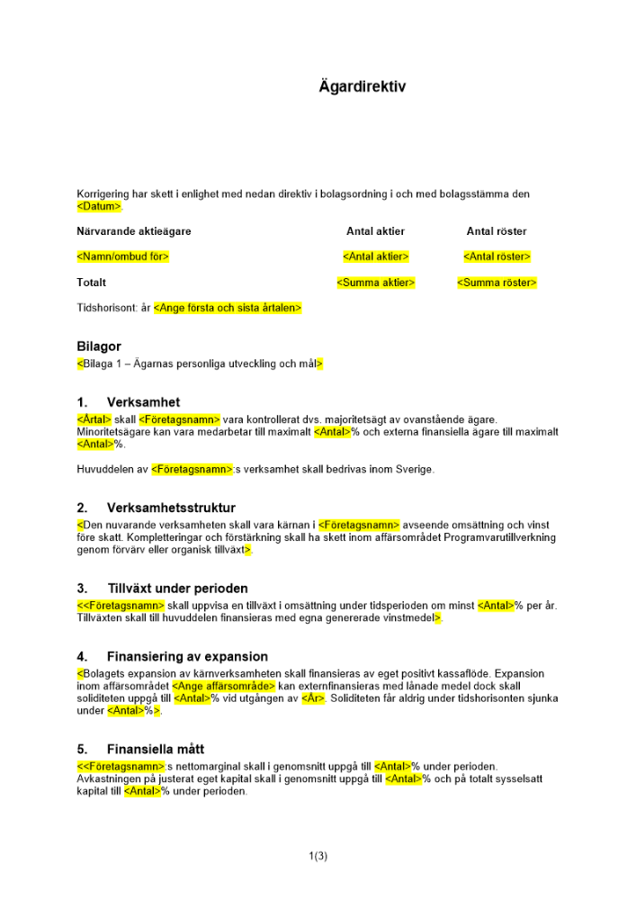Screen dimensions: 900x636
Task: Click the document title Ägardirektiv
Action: (x=363, y=87)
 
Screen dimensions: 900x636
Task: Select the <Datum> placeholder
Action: (x=99, y=206)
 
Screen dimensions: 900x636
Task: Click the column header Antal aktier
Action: (x=375, y=231)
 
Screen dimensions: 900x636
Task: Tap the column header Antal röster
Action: (x=497, y=231)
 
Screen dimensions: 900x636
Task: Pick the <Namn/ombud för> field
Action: (x=123, y=256)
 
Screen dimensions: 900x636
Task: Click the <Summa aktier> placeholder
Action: (x=375, y=283)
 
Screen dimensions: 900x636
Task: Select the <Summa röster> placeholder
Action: (x=497, y=283)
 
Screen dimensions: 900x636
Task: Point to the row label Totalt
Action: (x=92, y=283)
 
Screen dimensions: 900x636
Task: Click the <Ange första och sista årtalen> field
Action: (x=228, y=308)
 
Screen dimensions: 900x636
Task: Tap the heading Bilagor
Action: (x=99, y=346)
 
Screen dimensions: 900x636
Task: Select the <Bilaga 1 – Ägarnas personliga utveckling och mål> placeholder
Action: (x=200, y=364)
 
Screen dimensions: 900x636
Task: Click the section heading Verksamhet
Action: (x=143, y=402)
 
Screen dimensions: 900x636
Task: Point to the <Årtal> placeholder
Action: (x=94, y=418)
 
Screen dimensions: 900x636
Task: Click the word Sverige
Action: (x=415, y=470)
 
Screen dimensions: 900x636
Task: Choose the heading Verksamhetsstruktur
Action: (x=171, y=508)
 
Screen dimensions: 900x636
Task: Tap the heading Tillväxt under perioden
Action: (x=177, y=589)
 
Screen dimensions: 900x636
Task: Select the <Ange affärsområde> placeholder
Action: (x=223, y=686)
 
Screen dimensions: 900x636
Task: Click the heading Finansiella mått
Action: (x=156, y=749)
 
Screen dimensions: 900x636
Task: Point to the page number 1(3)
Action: (x=318, y=856)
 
